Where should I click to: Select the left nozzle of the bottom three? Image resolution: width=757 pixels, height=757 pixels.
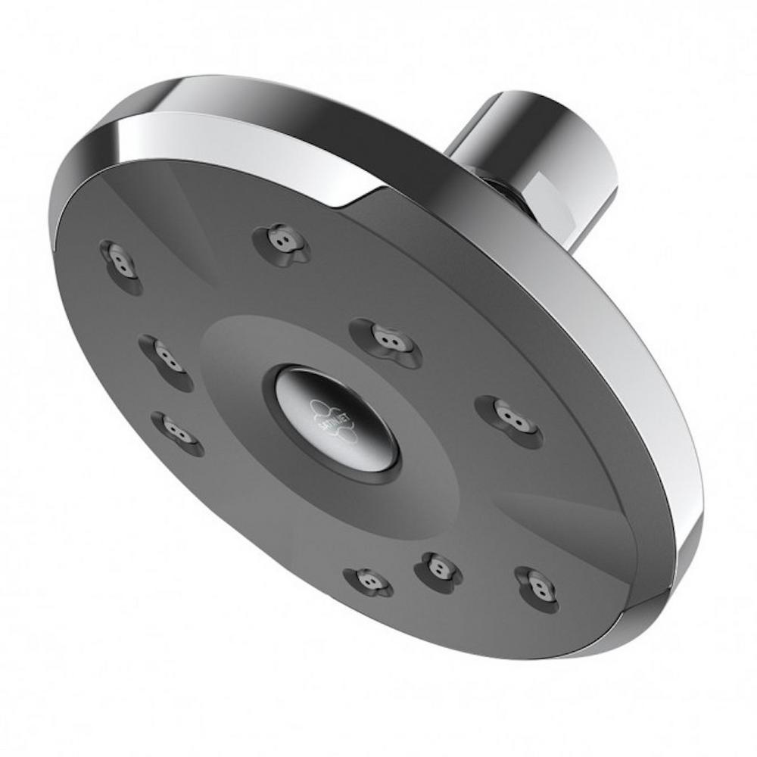369,581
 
